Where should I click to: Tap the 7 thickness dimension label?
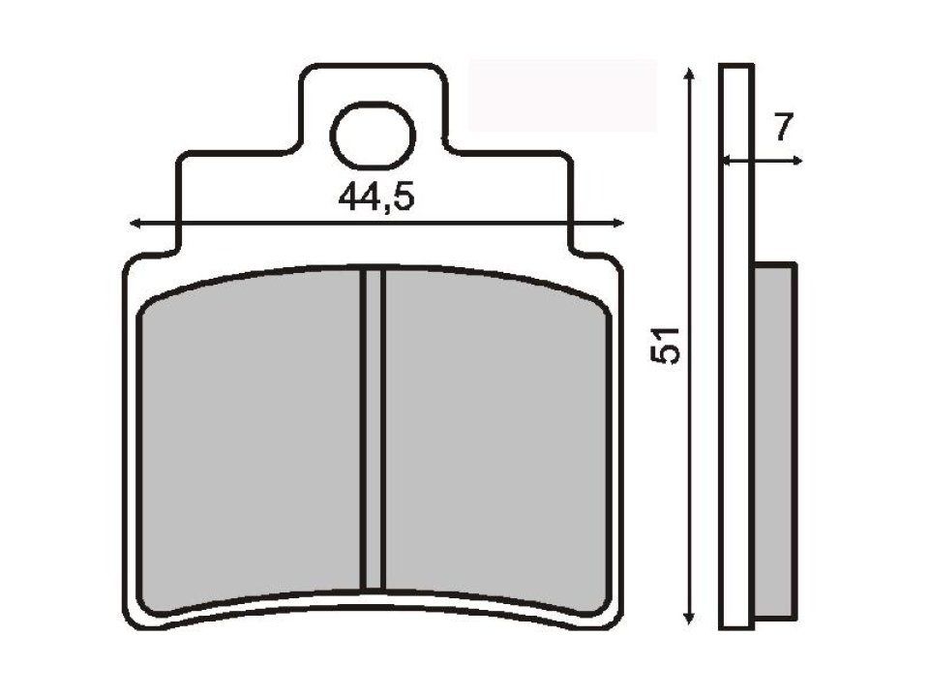[784, 126]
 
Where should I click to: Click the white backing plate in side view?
[736, 387]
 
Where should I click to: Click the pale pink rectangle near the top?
[561, 95]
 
